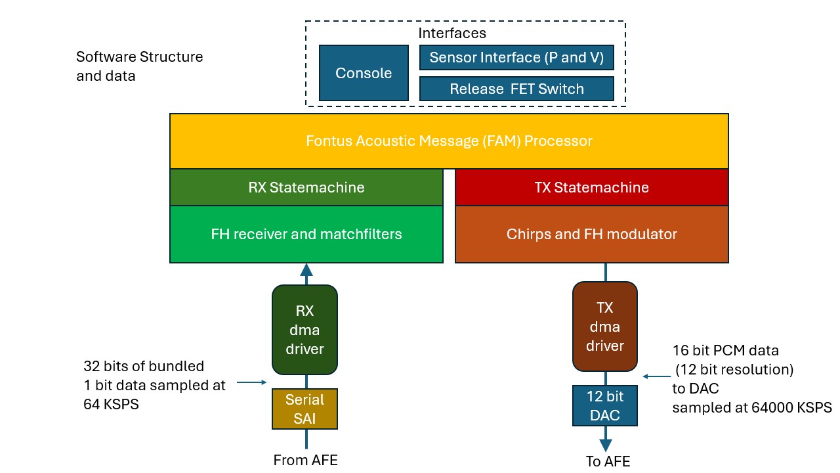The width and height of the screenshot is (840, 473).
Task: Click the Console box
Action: click(364, 73)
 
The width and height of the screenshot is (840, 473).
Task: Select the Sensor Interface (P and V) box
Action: click(516, 57)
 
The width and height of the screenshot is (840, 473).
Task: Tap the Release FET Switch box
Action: click(516, 89)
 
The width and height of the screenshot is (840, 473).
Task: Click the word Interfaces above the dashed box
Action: click(452, 33)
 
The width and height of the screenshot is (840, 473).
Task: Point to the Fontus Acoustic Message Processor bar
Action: click(449, 141)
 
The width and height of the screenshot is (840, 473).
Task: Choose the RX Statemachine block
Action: click(306, 187)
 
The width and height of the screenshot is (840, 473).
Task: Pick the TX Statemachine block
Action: click(591, 187)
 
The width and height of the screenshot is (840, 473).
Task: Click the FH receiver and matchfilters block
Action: click(306, 234)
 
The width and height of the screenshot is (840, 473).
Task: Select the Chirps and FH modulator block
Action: click(591, 234)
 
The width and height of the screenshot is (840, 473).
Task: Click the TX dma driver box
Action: click(604, 326)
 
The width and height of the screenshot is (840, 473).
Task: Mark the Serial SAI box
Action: click(305, 409)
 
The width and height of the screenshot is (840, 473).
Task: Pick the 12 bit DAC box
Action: click(604, 406)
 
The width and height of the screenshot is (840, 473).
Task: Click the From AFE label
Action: click(305, 460)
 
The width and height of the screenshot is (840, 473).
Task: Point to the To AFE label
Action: click(608, 461)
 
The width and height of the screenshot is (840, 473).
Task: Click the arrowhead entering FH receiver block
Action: click(306, 269)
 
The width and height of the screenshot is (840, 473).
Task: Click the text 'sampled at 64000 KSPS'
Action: click(751, 407)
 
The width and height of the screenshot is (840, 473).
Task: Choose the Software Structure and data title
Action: click(139, 66)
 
